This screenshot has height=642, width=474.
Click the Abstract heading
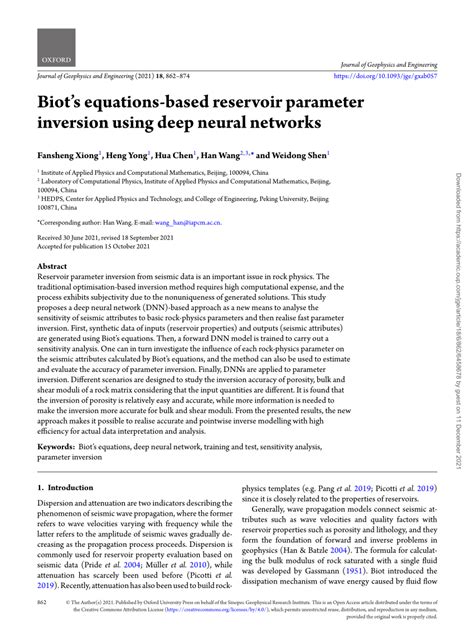pos(52,267)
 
